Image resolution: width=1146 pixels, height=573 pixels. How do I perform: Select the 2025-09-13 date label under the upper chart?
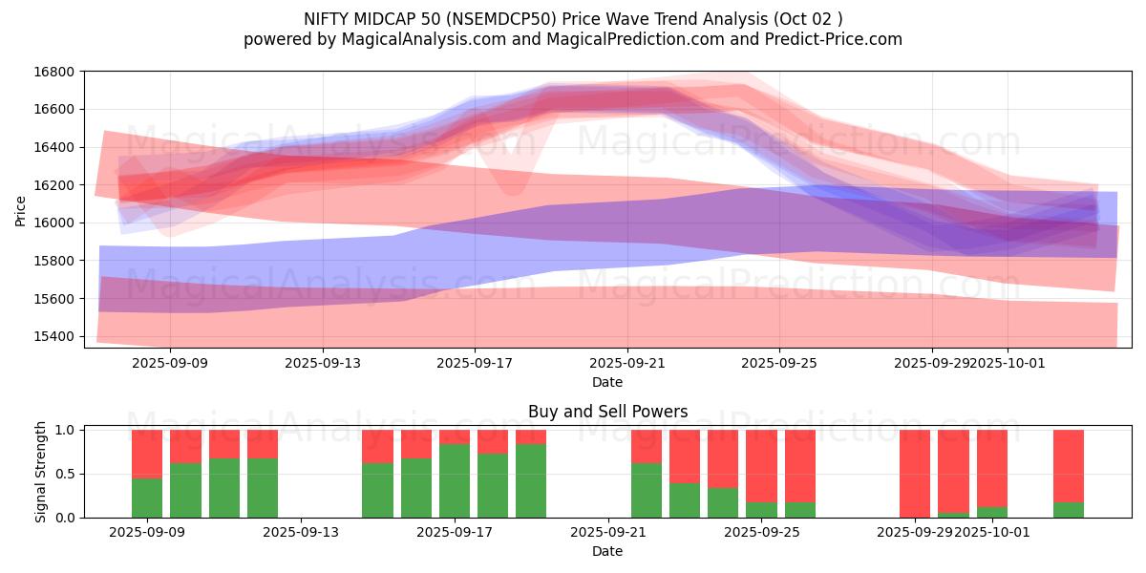click(323, 363)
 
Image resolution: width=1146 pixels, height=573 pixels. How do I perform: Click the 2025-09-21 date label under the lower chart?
click(608, 533)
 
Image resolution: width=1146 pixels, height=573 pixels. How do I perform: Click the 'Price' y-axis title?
click(21, 209)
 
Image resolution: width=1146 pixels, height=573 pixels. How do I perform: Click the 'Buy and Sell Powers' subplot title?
click(607, 413)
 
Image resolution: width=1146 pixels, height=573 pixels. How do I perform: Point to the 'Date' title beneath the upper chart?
click(607, 382)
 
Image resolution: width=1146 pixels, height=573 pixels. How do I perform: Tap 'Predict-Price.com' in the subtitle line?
click(832, 39)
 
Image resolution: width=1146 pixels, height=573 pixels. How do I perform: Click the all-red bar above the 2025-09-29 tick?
click(915, 474)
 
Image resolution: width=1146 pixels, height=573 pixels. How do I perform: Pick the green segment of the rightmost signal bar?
click(1069, 510)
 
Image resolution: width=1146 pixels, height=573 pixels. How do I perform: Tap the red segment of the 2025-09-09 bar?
click(147, 454)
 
